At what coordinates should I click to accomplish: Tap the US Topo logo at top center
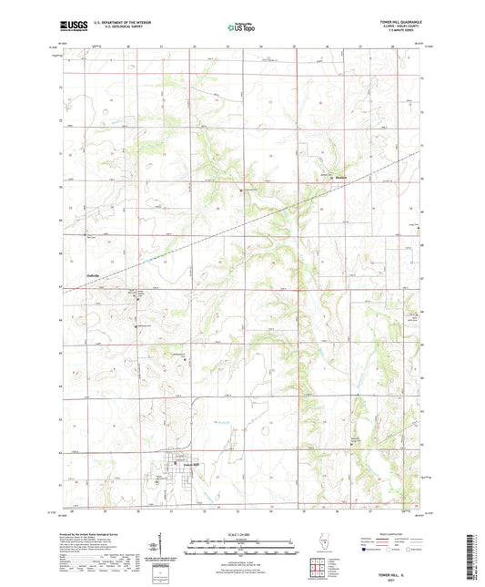pyautogui.click(x=241, y=28)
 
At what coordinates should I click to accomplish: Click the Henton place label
pyautogui.click(x=338, y=177)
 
